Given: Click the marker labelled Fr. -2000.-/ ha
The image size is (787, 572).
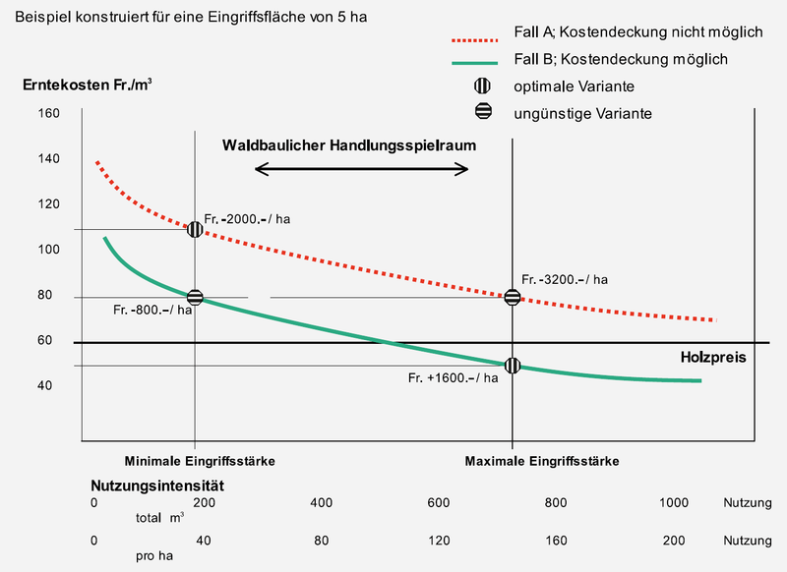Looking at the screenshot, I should point(195,229).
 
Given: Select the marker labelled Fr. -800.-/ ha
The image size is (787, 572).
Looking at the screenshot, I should point(195,297).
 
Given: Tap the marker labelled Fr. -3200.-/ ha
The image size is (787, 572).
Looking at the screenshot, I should point(513,297).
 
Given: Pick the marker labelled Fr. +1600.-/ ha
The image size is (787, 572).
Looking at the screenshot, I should point(513,366).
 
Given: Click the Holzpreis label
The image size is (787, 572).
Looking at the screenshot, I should point(714,358).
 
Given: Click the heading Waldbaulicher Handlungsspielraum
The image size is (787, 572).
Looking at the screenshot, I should point(349,144).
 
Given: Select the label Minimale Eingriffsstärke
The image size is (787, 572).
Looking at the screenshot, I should point(199,461).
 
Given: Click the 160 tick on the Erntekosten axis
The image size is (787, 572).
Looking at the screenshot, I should point(49,113).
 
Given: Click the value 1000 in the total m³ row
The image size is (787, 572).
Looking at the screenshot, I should point(674,503).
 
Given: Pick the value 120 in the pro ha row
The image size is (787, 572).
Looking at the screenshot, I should point(439,541).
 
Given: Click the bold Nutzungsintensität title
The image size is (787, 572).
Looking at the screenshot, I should point(158,486).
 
